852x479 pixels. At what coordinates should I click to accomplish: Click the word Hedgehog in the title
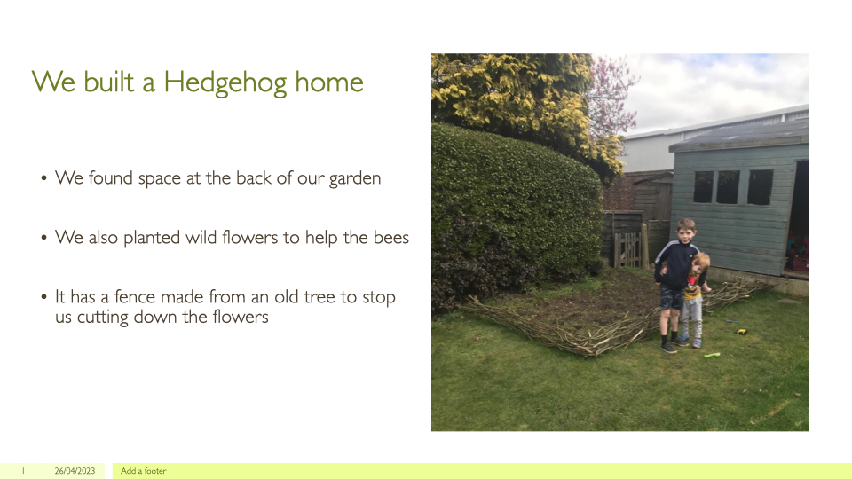pos(225,82)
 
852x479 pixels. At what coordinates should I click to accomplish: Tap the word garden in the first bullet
pos(355,178)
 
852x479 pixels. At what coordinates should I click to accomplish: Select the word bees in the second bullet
pos(391,238)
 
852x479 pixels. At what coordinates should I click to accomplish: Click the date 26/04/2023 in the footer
pos(75,471)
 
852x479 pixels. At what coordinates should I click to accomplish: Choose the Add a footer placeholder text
pos(144,471)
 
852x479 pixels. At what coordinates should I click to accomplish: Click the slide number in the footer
pos(23,471)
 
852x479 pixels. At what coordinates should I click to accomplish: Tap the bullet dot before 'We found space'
pos(43,178)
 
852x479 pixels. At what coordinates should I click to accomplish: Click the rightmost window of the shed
pos(761,187)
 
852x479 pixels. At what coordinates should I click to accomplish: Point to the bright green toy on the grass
pos(712,355)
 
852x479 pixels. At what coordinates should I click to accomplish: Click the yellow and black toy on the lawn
pos(741,331)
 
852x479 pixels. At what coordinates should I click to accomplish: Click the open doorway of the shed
pos(798,217)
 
